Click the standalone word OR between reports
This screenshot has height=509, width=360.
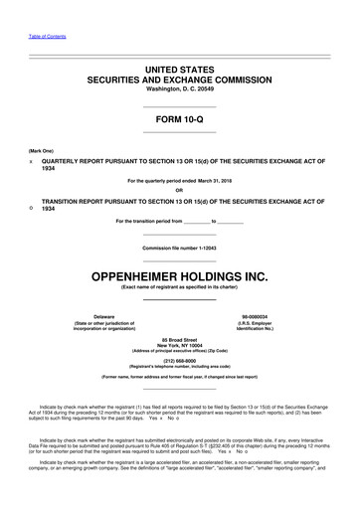(x=180, y=191)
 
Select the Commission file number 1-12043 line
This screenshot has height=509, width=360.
(x=180, y=246)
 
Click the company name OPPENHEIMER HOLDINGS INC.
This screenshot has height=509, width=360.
(x=180, y=273)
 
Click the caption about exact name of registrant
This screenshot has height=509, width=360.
(x=180, y=287)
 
